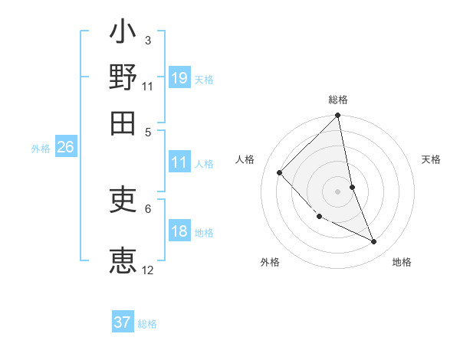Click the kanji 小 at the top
123,34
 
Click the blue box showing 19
179,77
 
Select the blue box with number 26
65,147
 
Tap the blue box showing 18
179,231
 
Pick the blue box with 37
123,322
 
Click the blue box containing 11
179,162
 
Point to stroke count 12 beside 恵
148,270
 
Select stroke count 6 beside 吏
148,208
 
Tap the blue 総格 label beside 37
147,324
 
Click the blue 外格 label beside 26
41,149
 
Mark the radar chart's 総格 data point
338,116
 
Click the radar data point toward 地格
374,241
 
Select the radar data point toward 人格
280,172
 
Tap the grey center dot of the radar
338,191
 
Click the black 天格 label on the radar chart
432,159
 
